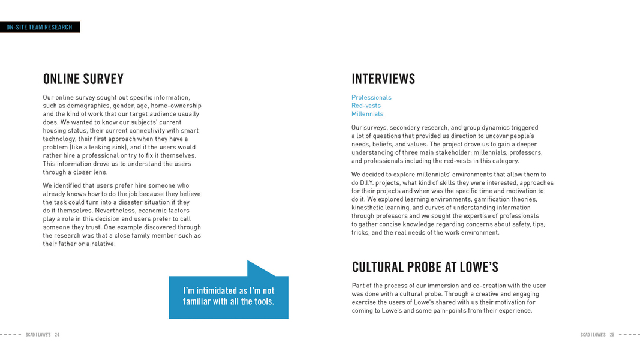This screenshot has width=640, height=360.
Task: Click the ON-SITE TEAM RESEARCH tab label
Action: click(x=39, y=27)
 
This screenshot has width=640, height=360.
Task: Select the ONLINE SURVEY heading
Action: click(x=83, y=79)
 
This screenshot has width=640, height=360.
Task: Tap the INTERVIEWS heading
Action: click(x=383, y=79)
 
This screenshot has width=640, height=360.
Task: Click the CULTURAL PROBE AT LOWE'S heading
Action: click(x=425, y=267)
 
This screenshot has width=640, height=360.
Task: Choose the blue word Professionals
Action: click(x=371, y=97)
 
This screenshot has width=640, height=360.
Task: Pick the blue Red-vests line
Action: click(x=366, y=106)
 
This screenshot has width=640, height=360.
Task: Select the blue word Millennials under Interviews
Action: click(x=367, y=114)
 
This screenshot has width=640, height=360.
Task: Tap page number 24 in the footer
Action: click(x=57, y=335)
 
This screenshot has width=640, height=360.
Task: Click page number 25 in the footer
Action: click(x=612, y=335)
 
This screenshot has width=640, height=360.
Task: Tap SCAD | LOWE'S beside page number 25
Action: click(x=593, y=335)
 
